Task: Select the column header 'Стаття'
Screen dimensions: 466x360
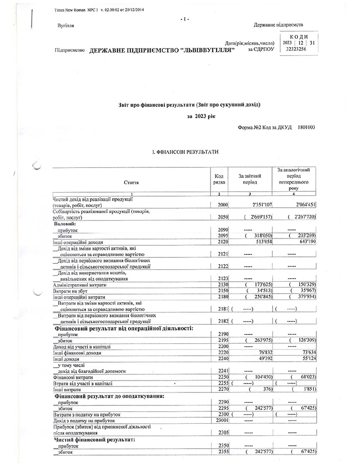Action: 131,183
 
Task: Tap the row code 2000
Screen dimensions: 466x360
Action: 221,205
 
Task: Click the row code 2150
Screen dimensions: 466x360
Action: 221,290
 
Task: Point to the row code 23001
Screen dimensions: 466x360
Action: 220,420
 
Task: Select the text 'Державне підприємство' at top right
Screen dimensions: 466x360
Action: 279,25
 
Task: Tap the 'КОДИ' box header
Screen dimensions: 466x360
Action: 297,37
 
